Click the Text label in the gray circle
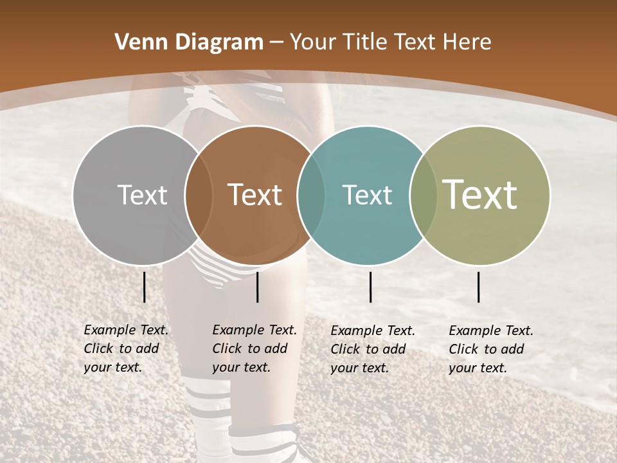[142, 195]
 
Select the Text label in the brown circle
[255, 195]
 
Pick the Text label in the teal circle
[367, 195]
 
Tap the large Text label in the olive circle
[480, 195]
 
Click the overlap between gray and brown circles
[199, 195]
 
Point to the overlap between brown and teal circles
[311, 195]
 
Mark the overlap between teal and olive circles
[424, 195]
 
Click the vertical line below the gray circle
[145, 287]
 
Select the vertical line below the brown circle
[257, 287]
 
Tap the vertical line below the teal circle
[370, 287]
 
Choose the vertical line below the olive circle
[479, 287]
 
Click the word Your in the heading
[314, 42]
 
